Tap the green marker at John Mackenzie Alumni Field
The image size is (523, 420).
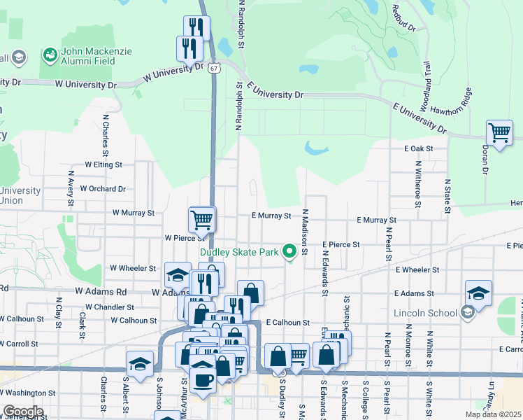click(x=50, y=54)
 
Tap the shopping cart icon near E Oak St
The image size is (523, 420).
click(x=499, y=132)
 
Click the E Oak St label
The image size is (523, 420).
click(x=419, y=148)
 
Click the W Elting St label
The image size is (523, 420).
click(x=103, y=164)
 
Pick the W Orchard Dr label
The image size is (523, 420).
click(x=102, y=188)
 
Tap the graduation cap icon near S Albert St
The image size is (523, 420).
click(x=140, y=364)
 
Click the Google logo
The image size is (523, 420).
click(x=24, y=412)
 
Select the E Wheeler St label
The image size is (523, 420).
click(x=417, y=269)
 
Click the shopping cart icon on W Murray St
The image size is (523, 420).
click(x=202, y=218)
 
